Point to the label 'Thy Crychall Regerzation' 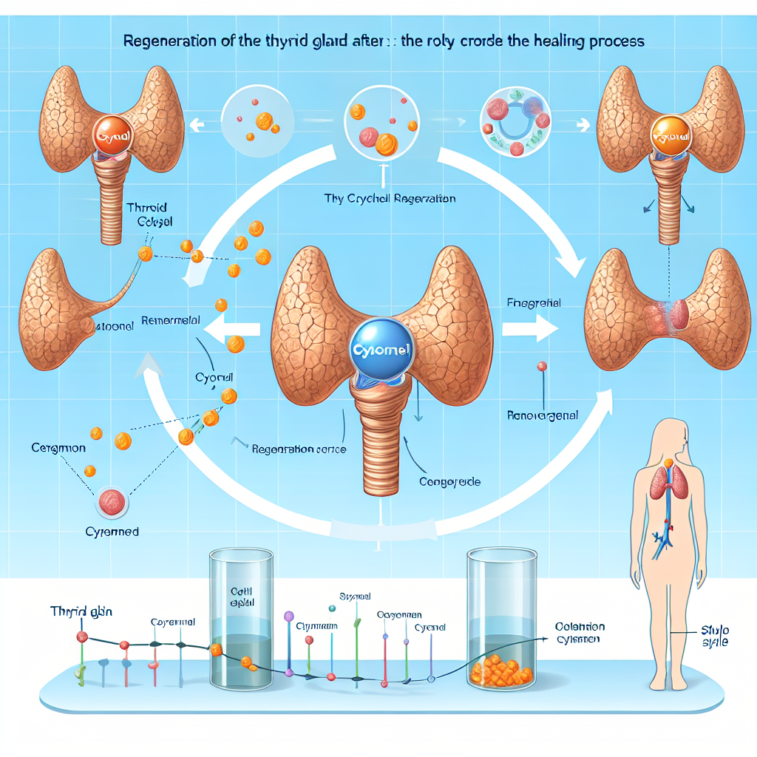390,199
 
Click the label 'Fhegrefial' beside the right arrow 534,302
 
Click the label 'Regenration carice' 299,449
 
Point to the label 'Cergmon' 58,448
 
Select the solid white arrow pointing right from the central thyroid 534,327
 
